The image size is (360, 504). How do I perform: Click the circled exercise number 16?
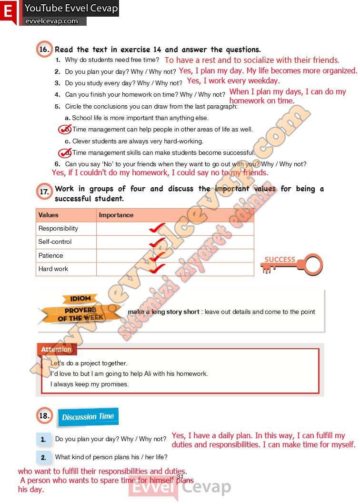pyautogui.click(x=44, y=49)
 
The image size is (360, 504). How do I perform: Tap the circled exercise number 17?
pyautogui.click(x=44, y=192)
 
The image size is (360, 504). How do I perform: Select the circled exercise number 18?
pyautogui.click(x=44, y=416)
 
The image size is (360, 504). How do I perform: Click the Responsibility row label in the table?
pyautogui.click(x=58, y=229)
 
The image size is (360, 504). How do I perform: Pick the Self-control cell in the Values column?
pyautogui.click(x=55, y=242)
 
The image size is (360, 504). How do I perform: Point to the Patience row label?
pyautogui.click(x=50, y=256)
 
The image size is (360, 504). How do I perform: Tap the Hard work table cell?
pyautogui.click(x=53, y=269)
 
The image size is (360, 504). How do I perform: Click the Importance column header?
pyautogui.click(x=116, y=215)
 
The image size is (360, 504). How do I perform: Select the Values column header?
pyautogui.click(x=48, y=215)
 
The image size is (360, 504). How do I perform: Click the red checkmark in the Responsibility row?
pyautogui.click(x=157, y=228)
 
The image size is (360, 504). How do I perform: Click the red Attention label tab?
pyautogui.click(x=56, y=350)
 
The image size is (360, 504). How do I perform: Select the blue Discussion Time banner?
pyautogui.click(x=88, y=417)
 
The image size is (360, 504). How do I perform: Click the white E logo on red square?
pyautogui.click(x=8, y=12)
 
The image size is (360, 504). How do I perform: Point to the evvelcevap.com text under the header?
pyautogui.click(x=51, y=21)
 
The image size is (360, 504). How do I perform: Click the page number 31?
pyautogui.click(x=180, y=477)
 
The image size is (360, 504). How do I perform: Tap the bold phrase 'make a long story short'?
pyautogui.click(x=163, y=312)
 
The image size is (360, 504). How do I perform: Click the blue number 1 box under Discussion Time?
pyautogui.click(x=43, y=439)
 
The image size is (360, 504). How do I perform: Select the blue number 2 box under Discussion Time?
pyautogui.click(x=43, y=457)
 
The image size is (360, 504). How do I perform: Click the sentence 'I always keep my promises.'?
pyautogui.click(x=90, y=384)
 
